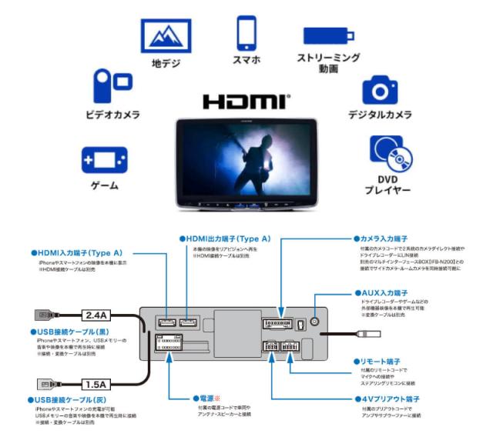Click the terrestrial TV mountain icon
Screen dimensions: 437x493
165,38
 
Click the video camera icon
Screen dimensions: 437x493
111,86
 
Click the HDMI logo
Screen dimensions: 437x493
247,102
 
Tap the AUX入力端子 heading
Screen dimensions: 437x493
389,293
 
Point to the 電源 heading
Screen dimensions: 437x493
210,399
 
